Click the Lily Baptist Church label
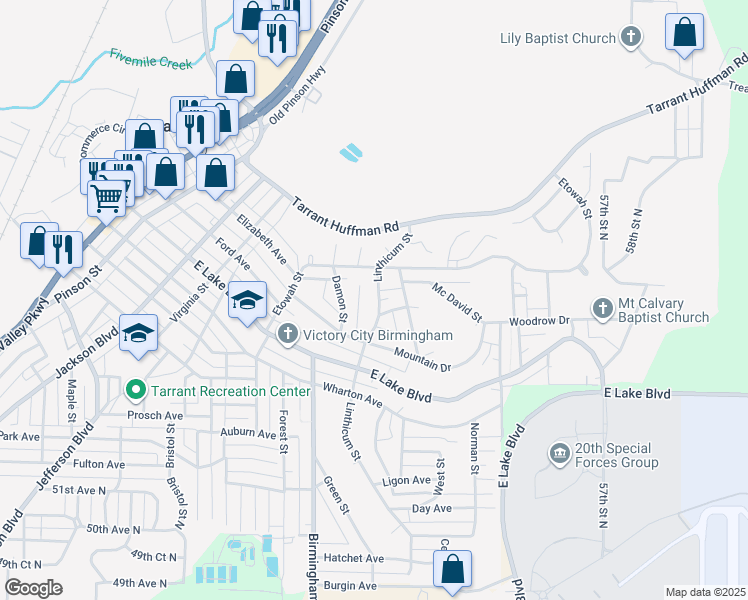tap(557, 39)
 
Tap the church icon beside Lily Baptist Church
tap(630, 39)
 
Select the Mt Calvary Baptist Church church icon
tap(602, 309)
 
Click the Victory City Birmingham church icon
tap(287, 334)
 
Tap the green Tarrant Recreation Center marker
tap(135, 390)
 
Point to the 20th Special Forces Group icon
tap(558, 455)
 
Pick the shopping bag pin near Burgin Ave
tap(453, 569)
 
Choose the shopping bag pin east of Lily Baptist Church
tap(685, 32)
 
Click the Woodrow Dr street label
tap(538, 321)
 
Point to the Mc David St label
tap(457, 302)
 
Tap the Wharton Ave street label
tap(351, 394)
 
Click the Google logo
tap(33, 588)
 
